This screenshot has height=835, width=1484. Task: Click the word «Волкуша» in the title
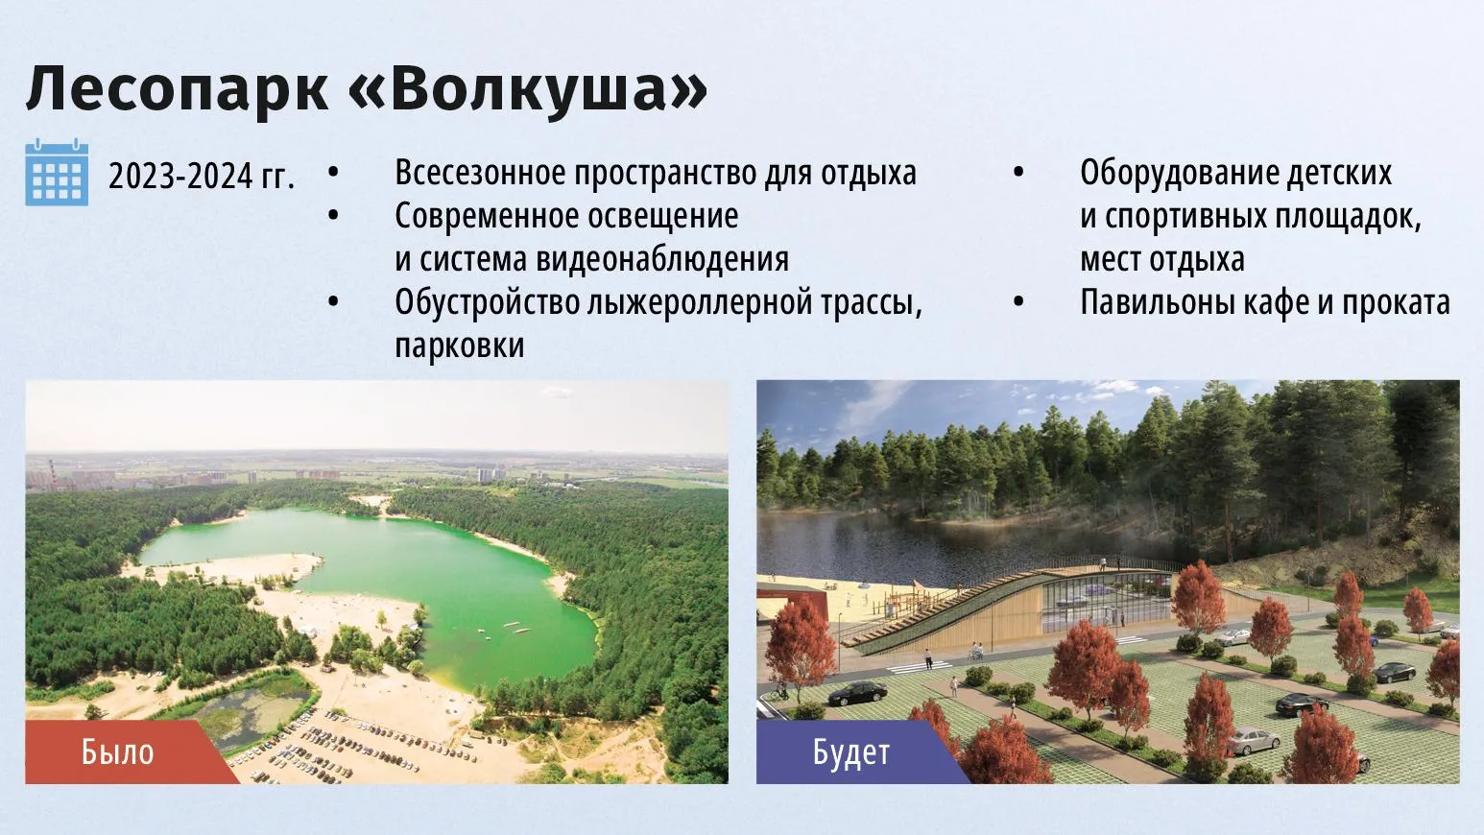pyautogui.click(x=528, y=89)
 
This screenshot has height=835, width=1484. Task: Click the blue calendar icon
pyautogui.click(x=57, y=172)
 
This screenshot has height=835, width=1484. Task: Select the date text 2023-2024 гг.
pyautogui.click(x=202, y=177)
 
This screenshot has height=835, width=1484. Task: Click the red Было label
pyautogui.click(x=118, y=752)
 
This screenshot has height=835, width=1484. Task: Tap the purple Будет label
pyautogui.click(x=851, y=752)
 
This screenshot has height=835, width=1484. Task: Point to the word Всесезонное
pyautogui.click(x=481, y=173)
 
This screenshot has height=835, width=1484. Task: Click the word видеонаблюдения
pyautogui.click(x=662, y=259)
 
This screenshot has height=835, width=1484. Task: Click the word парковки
pyautogui.click(x=460, y=346)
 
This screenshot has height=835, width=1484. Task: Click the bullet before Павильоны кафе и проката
pyautogui.click(x=1018, y=302)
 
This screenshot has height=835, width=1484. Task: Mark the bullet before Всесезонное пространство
pyautogui.click(x=333, y=172)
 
